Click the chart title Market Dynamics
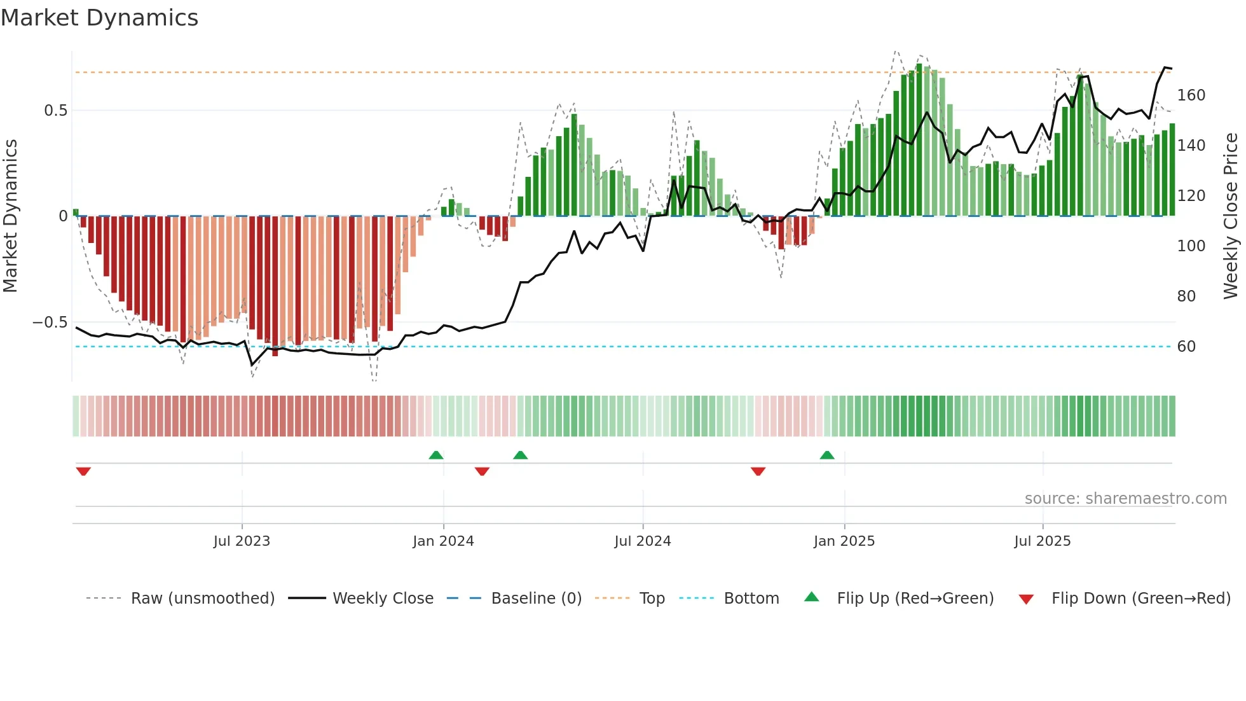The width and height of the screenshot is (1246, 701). coord(99,18)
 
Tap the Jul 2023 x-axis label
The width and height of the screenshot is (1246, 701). coord(242,541)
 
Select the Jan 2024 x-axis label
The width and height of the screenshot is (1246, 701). coord(443,541)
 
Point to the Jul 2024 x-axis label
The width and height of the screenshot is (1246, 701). coord(643,541)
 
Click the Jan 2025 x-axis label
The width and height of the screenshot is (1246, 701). coord(844,541)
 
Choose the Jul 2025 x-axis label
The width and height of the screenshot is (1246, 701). coord(1043,541)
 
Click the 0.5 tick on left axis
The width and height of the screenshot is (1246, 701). coord(55,111)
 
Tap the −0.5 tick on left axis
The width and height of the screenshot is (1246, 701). coord(50,323)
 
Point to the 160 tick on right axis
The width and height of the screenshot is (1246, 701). coord(1191,95)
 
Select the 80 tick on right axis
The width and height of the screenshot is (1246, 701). coord(1186,296)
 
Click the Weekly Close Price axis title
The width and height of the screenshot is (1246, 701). coord(1231,216)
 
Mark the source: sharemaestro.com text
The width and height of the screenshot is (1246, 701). coord(1125,499)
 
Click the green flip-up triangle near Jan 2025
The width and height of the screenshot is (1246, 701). coord(827,455)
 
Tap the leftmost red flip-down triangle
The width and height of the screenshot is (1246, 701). coord(83,471)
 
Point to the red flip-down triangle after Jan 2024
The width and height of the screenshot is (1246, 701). coord(482,471)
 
